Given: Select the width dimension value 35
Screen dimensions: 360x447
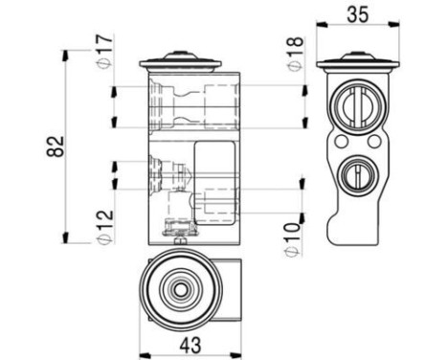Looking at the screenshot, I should (356, 15).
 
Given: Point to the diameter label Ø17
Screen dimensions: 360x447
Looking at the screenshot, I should (105, 48).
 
